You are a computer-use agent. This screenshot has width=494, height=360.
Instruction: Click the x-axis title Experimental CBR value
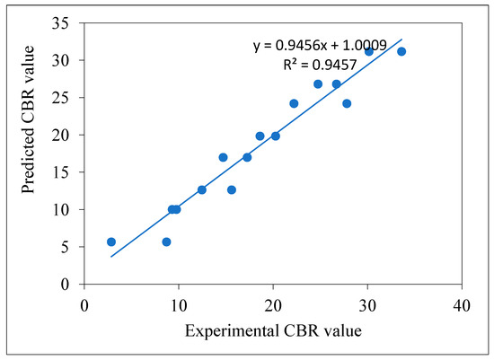coord(272,331)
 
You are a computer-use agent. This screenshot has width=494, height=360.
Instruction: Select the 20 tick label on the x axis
coord(272,303)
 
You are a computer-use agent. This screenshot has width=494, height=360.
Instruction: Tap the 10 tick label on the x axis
coord(178,303)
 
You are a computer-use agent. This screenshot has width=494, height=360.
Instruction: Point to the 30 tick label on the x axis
coord(366,303)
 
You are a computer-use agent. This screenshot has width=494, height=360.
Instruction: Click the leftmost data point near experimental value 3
coord(111,241)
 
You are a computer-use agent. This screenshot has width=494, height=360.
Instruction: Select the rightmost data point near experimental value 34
coord(401,51)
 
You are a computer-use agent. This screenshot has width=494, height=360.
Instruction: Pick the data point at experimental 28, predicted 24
coord(347,103)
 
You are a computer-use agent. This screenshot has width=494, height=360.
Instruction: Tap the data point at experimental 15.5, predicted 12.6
coord(231,189)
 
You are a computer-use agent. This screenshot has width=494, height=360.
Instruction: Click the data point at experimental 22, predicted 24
coord(294,103)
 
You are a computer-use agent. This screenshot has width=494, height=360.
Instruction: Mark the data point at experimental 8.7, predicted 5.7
coord(166,241)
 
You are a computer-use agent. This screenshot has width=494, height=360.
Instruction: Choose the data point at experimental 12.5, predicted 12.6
coord(202,189)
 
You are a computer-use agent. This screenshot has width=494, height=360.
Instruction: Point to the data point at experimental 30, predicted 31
coord(368,51)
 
